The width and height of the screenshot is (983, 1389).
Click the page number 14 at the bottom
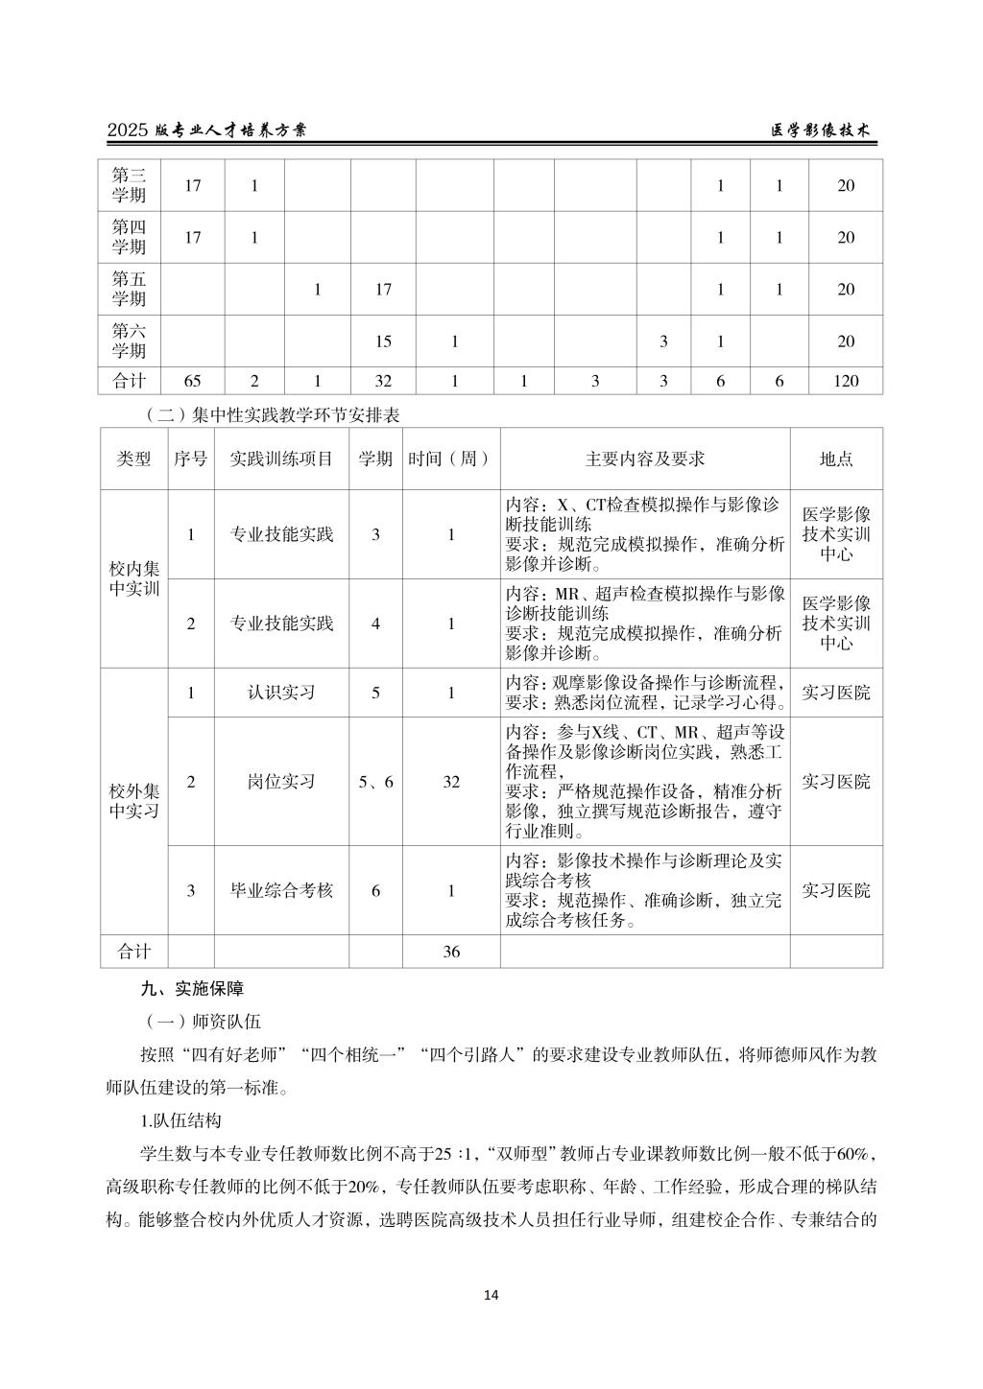point(491,1295)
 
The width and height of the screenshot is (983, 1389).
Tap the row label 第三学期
point(129,185)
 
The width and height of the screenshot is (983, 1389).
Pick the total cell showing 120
point(846,381)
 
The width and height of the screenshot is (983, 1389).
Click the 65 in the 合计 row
point(192,381)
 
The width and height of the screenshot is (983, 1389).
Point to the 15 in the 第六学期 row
point(383,341)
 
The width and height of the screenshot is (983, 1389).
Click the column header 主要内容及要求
point(645,459)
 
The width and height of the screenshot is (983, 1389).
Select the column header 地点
point(836,459)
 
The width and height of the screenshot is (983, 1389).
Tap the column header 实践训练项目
point(281,459)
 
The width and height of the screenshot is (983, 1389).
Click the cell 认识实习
point(281,692)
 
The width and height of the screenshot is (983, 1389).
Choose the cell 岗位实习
point(281,782)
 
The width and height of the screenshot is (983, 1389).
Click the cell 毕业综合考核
point(281,890)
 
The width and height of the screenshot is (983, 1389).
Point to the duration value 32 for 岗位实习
point(451,782)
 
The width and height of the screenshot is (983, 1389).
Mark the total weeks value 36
point(451,952)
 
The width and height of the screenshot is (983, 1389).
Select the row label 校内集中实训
point(134,578)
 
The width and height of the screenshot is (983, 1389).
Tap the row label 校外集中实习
point(134,802)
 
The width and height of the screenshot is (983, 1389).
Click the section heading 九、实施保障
point(192,988)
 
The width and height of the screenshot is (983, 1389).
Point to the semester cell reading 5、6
point(375,782)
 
